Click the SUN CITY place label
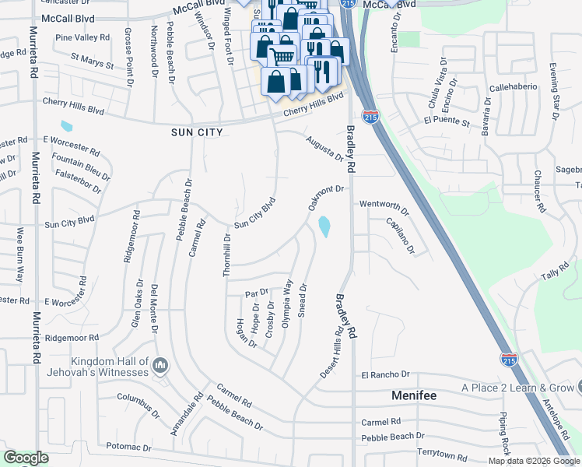197,132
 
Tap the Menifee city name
413,395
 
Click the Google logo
26,458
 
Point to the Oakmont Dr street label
325,198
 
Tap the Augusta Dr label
324,147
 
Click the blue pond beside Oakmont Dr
324,226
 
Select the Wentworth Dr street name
384,207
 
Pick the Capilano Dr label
401,235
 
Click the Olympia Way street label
286,304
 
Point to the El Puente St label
447,122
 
